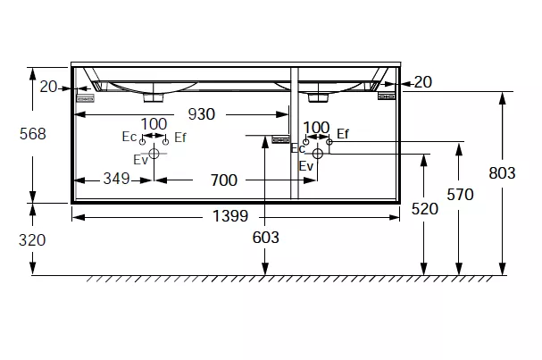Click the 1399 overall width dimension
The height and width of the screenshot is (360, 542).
pos(230,216)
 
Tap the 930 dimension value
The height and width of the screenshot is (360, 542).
pos(202,114)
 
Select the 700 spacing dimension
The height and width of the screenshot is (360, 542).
pos(224,180)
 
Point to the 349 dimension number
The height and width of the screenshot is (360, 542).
pos(116,179)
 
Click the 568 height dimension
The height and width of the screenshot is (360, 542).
pos(32,134)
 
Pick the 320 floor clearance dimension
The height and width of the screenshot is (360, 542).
pos(32,240)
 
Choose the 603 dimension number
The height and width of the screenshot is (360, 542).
pos(265,238)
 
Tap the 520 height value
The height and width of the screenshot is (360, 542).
pos(425,209)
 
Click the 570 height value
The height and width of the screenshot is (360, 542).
pos(460,195)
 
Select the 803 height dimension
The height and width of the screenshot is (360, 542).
pos(502,173)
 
